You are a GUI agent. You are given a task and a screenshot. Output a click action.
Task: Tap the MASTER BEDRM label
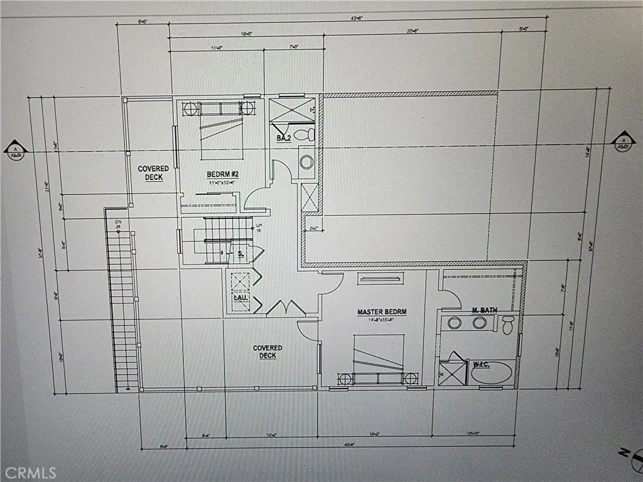point(382,312)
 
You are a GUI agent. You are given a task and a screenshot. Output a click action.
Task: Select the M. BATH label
point(484,310)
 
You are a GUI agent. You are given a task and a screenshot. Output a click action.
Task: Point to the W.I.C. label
point(480,363)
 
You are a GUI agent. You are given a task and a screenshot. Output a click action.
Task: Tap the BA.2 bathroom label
point(283,137)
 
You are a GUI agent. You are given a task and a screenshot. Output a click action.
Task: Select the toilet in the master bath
point(508,324)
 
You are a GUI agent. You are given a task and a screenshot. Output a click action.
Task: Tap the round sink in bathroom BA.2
point(306,161)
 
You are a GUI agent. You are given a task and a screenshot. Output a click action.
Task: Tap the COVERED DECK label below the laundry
point(267,351)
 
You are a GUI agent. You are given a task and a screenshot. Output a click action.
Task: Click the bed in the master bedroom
point(377,361)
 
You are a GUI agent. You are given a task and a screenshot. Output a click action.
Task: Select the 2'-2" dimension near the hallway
point(313,228)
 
